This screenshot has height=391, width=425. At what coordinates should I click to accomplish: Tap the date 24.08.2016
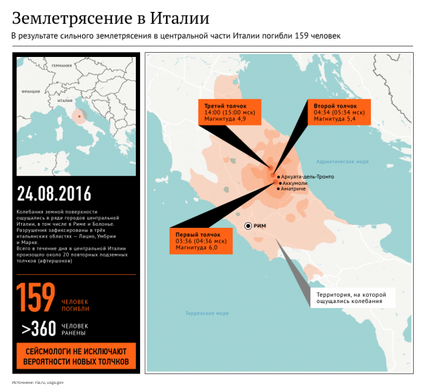54,193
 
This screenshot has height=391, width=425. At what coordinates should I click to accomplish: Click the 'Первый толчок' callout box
197,240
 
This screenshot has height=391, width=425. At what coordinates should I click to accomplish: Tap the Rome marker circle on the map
248,225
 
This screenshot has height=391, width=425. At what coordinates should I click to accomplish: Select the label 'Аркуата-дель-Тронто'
307,176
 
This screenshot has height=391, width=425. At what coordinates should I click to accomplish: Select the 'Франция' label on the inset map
31,91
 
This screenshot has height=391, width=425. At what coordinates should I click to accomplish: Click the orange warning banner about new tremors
72,356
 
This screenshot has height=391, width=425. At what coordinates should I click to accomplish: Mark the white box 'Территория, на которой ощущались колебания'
349,297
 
